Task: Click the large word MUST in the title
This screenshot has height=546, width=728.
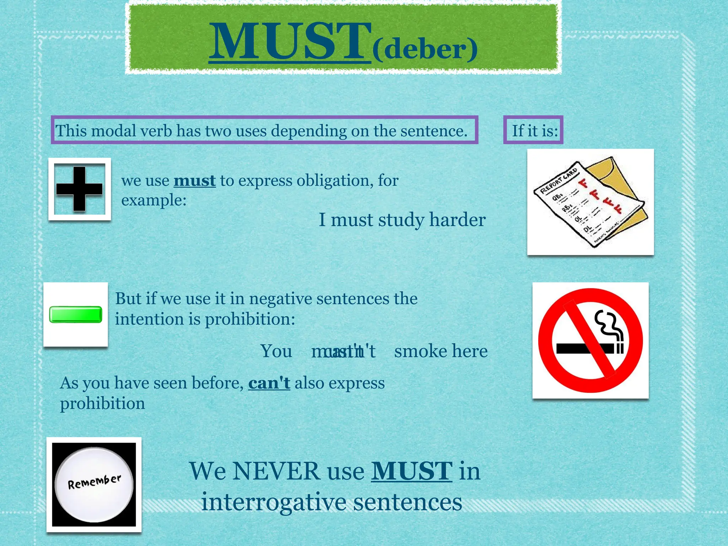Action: [290, 42]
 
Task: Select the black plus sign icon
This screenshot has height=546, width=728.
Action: [79, 189]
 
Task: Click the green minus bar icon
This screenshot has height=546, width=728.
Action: [75, 314]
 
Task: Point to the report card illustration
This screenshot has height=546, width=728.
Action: [590, 202]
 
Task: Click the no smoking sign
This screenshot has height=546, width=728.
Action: [590, 340]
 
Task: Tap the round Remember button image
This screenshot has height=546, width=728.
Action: [94, 484]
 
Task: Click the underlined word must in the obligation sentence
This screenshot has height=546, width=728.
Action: [194, 181]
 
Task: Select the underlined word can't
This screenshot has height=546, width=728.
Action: [269, 383]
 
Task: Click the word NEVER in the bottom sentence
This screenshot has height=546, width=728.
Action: [276, 471]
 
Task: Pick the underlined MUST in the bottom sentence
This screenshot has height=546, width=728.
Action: [412, 471]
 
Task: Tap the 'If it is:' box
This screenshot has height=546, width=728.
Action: [533, 130]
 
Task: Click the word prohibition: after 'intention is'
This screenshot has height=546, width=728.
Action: [250, 319]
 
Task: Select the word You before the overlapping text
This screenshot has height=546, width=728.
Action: [276, 351]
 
